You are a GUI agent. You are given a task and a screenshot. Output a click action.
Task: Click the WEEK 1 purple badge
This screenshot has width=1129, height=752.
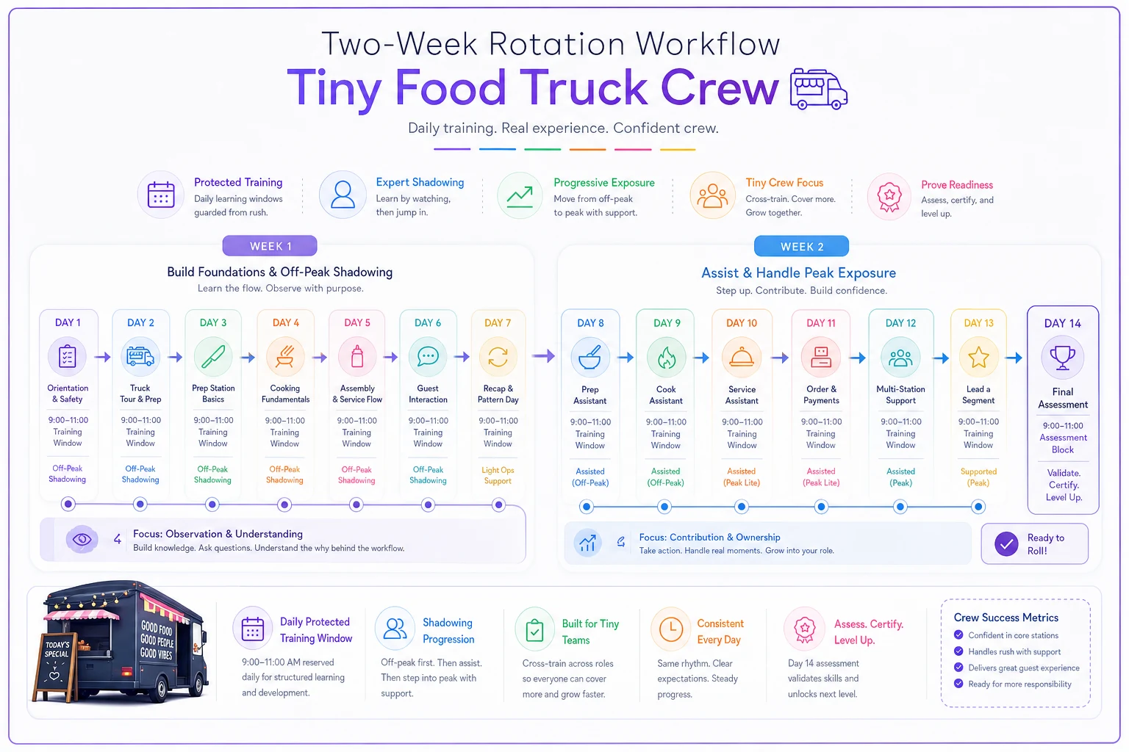coord(270,246)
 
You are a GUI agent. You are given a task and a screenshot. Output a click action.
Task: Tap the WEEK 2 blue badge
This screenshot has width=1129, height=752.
coord(801,246)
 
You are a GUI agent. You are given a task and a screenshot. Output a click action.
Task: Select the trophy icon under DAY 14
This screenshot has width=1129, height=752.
coord(1062,358)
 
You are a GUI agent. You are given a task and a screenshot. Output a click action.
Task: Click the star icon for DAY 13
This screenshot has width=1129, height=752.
coord(978,357)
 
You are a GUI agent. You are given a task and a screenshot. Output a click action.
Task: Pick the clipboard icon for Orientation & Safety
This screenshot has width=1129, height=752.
coord(68,357)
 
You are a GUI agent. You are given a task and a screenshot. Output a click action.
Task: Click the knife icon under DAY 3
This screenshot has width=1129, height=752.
coord(213,357)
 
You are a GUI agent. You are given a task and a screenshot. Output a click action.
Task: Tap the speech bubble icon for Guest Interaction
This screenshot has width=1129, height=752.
coord(428,356)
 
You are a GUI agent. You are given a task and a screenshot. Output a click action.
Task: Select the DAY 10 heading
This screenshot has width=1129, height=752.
coord(742,323)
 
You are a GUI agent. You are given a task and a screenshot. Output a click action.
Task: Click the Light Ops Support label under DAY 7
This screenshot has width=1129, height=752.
coord(498,475)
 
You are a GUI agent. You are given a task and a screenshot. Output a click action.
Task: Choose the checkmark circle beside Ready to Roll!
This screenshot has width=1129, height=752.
coord(1006,544)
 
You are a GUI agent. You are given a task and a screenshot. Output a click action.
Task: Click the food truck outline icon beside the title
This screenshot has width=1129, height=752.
coord(819,89)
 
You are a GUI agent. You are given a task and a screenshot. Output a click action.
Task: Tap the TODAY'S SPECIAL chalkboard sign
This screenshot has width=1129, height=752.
coord(55,666)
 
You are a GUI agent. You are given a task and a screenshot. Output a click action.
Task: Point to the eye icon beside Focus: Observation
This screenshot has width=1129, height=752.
coord(82,540)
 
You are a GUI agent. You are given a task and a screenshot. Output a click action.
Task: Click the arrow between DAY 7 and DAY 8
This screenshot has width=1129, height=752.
coord(543,356)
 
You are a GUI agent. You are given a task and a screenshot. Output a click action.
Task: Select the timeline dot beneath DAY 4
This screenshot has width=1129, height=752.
coord(284,505)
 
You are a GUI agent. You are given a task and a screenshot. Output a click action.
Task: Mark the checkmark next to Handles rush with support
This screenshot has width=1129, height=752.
coord(958,651)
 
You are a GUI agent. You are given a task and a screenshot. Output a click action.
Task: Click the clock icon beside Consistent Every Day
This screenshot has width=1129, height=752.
coord(671,629)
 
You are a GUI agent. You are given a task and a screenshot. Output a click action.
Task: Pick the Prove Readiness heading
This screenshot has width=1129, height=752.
coord(956,185)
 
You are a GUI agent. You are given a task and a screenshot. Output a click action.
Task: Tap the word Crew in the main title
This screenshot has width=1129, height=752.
coord(720,87)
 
